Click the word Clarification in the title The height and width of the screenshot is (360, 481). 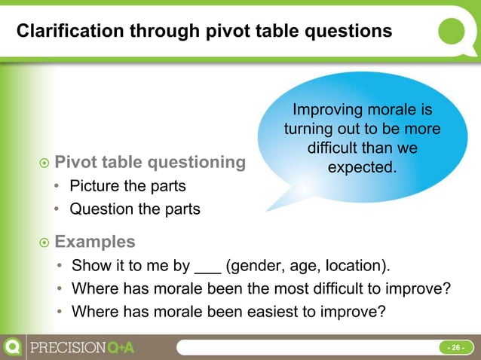click(x=63, y=32)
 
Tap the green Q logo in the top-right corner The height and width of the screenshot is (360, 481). click(x=454, y=31)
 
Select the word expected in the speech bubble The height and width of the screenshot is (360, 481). click(x=362, y=166)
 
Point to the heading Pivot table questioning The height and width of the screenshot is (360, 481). click(x=151, y=161)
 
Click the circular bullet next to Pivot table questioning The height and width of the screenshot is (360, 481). click(x=44, y=163)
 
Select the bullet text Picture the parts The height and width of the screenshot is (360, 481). click(x=127, y=186)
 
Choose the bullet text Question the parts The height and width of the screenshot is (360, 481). click(x=135, y=209)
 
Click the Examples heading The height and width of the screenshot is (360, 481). click(x=95, y=242)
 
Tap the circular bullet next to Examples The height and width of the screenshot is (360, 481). click(x=44, y=243)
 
